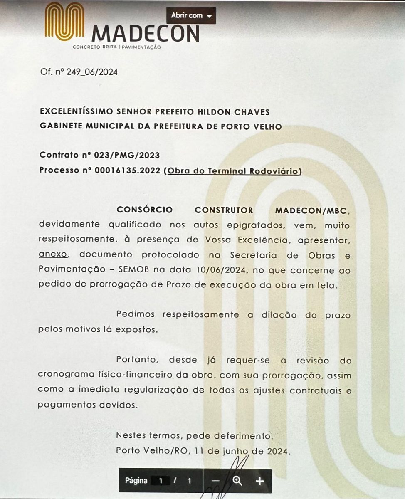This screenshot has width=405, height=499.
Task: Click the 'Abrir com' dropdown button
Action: pyautogui.click(x=191, y=16)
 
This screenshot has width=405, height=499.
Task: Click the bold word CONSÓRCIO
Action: pyautogui.click(x=144, y=210)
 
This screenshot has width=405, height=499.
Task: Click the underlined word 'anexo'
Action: pyautogui.click(x=53, y=254)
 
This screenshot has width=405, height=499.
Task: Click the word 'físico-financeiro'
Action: pyautogui.click(x=140, y=375)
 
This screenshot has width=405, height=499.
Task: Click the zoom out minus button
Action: pyautogui.click(x=215, y=481)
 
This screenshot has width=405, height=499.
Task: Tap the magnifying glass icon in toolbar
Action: pyautogui.click(x=237, y=481)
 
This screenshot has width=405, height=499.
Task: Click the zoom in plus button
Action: pyautogui.click(x=260, y=481)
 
